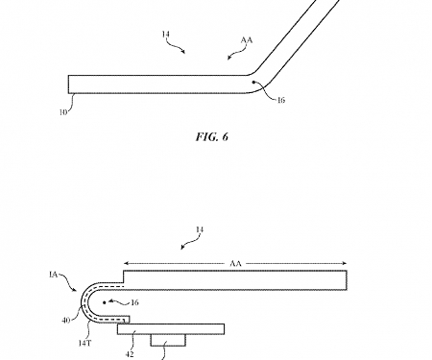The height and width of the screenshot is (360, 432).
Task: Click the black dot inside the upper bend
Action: click(x=254, y=84)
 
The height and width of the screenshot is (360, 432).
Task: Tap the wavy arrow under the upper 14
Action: click(x=179, y=46)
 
